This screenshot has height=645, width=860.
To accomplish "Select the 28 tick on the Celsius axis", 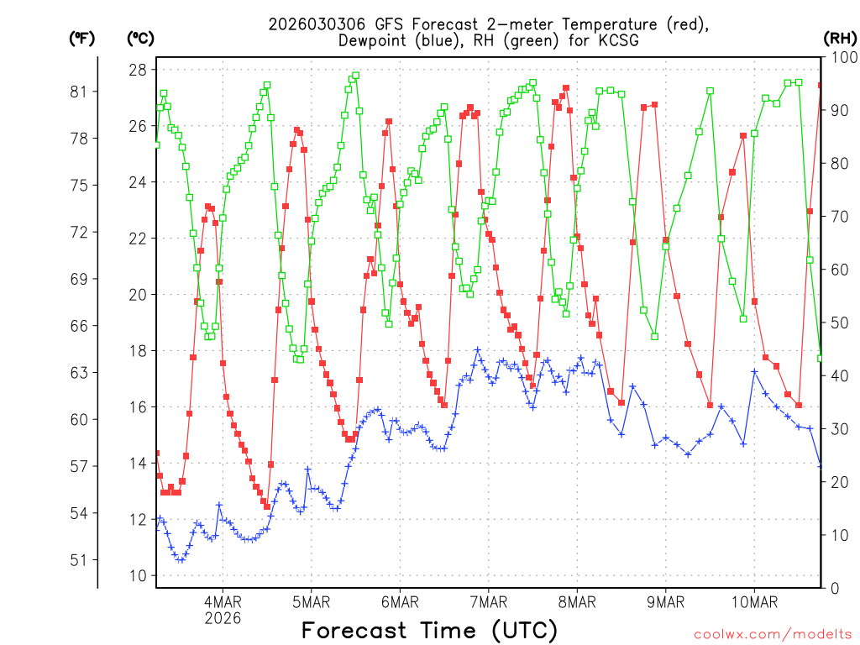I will (x=138, y=69).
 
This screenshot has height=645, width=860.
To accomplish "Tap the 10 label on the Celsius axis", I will (x=138, y=575).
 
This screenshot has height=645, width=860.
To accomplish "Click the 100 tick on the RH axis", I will (x=841, y=58).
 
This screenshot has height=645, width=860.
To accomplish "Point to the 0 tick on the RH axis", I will (x=833, y=588).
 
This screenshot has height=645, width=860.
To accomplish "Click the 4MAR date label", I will (x=223, y=602).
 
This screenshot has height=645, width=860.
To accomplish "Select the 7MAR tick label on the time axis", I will (x=488, y=602).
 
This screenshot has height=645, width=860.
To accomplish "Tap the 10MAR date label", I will (x=753, y=602).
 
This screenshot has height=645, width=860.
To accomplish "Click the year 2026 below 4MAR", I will (x=223, y=618).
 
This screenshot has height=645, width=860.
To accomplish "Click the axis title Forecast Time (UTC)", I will (x=429, y=630).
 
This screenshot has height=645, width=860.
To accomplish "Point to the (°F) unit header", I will (x=81, y=38).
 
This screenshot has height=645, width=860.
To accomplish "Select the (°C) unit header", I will (x=140, y=38).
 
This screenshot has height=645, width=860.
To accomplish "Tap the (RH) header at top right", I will (x=840, y=38).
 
